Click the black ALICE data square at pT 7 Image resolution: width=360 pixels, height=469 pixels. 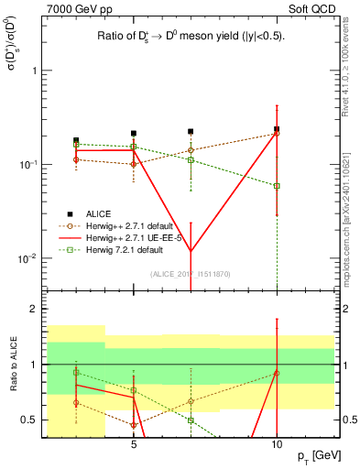click(191, 132)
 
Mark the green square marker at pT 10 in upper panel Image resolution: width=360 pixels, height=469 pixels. click(277, 185)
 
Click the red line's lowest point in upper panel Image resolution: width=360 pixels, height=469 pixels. click(191, 252)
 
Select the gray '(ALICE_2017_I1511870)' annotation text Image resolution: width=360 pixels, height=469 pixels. click(191, 274)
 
